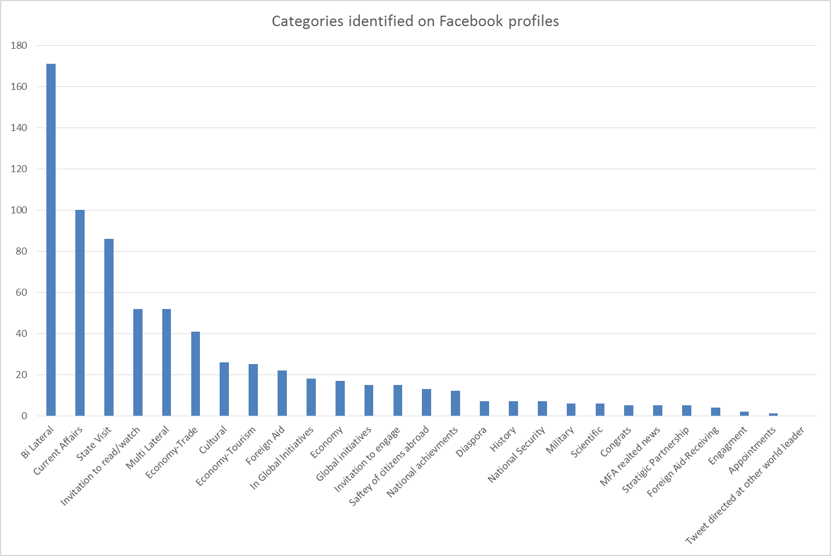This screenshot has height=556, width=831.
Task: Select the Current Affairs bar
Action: pos(80,312)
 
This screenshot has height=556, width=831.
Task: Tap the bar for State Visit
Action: pos(109,327)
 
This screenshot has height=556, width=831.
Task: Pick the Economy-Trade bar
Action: pos(195,373)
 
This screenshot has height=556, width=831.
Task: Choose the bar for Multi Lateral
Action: pos(166,362)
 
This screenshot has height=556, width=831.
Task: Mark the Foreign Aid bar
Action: pos(282,393)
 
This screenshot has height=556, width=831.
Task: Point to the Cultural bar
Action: pos(224,389)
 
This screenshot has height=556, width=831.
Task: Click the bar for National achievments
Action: pos(455,404)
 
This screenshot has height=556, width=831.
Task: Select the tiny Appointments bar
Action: pos(773,415)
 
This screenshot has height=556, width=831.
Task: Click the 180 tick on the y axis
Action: pos(19,45)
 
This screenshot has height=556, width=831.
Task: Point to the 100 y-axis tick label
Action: pos(19,210)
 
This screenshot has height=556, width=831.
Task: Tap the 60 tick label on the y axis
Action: pos(21,292)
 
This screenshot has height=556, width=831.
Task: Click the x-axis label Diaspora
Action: pos(472,442)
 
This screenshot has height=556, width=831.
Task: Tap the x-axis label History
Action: pos(503,439)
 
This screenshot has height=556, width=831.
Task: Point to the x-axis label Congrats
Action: pos(616,442)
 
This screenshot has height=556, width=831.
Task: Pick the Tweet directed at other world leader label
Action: pos(745,486)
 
